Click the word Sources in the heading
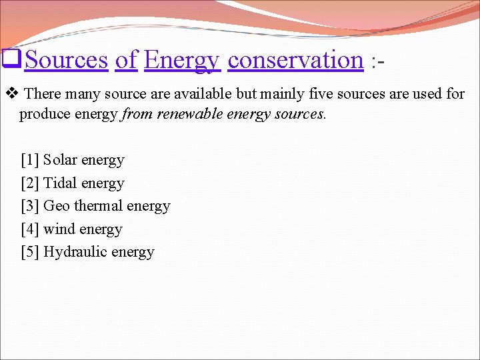coord(66,60)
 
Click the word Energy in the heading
coord(181,60)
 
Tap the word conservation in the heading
coord(295,60)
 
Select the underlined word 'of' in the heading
coord(126,60)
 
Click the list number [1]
coord(30,160)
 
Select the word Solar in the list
coord(60,160)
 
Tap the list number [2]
coord(30,183)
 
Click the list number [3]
coord(30,206)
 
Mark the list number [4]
coord(30,229)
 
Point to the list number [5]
coord(30,252)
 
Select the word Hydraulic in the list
coord(73,252)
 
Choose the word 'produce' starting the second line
coord(42,114)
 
